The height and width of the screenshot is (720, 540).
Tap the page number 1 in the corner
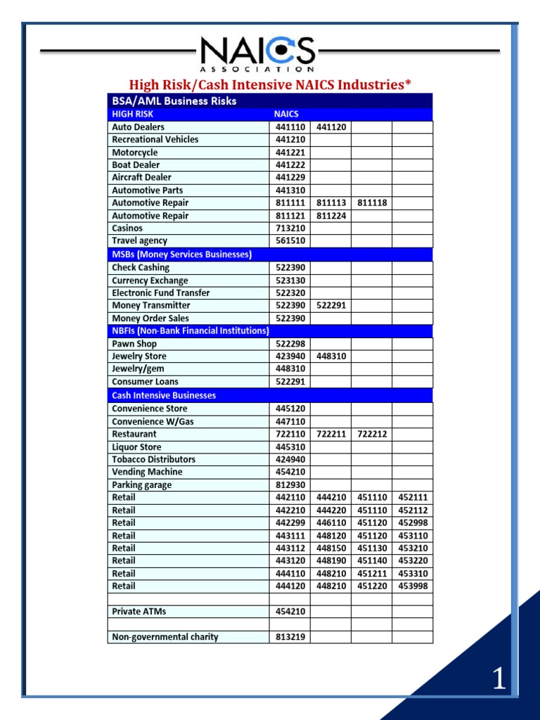click(499, 680)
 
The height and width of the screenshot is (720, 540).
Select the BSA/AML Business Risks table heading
click(174, 101)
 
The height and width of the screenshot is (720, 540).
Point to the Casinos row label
click(127, 229)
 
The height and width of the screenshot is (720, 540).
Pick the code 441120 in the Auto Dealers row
click(331, 127)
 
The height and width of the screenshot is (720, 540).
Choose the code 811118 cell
click(372, 203)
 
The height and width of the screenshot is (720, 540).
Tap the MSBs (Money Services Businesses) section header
click(181, 255)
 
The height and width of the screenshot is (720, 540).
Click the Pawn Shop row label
click(134, 345)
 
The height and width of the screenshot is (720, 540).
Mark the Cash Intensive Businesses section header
click(164, 396)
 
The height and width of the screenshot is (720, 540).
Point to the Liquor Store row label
click(136, 447)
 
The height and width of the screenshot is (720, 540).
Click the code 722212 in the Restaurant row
click(372, 435)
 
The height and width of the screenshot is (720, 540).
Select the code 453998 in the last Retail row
click(413, 586)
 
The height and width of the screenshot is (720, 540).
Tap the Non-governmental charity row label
click(165, 638)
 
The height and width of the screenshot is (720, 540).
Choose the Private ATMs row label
click(139, 612)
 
